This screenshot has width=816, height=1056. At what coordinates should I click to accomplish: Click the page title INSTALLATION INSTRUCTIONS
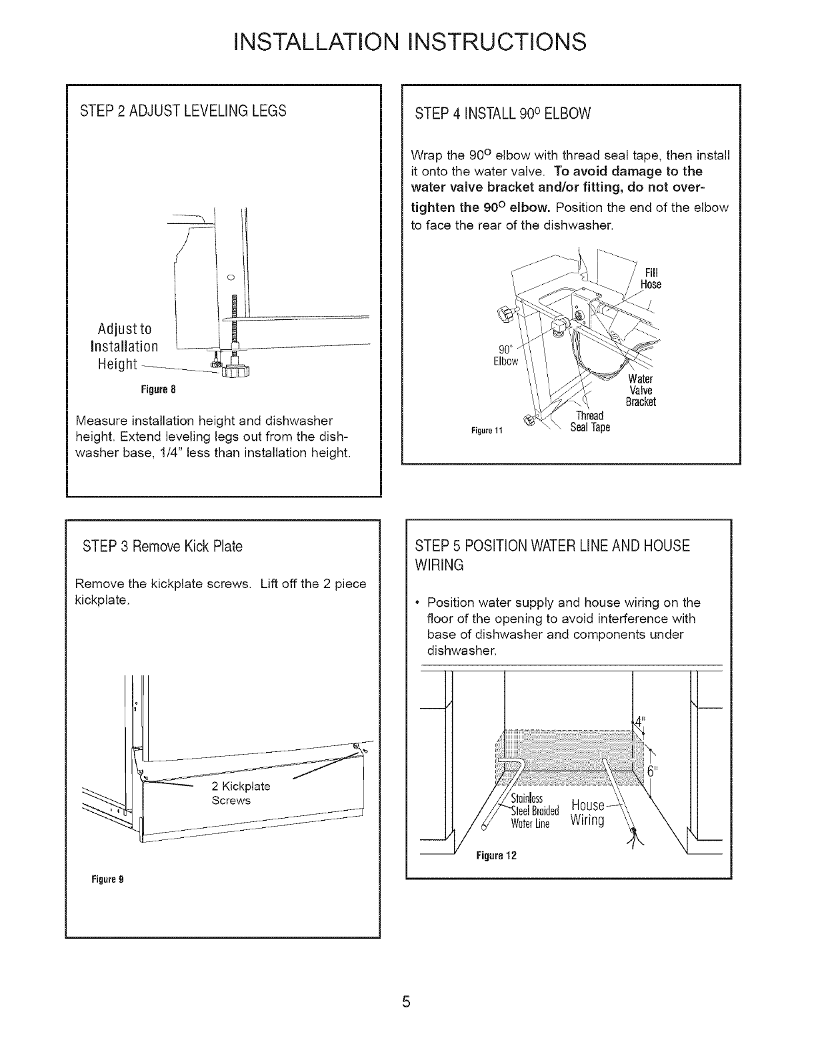click(x=408, y=41)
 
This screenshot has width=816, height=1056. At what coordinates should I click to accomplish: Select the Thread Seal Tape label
click(x=590, y=423)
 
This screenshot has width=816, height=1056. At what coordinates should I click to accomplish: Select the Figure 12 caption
click(x=497, y=855)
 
